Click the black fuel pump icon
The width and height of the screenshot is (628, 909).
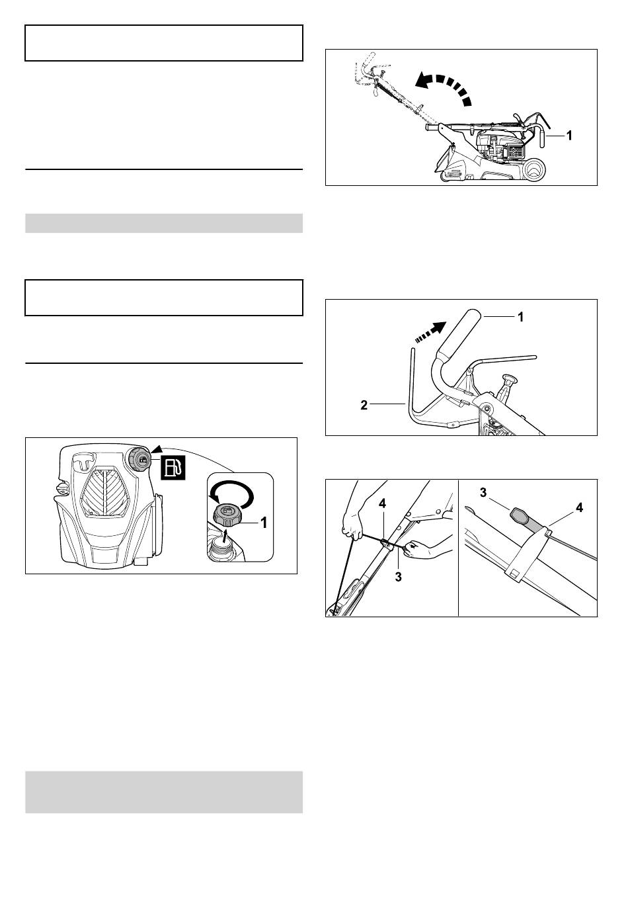[x=174, y=467]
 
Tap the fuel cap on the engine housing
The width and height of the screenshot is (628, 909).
[x=139, y=460]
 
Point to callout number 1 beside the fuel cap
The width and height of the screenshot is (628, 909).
[x=263, y=523]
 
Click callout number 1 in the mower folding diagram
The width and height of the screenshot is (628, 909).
[x=569, y=136]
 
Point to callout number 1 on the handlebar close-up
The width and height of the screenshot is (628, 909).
[x=521, y=316]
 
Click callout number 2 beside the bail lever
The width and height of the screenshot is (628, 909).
[x=364, y=405]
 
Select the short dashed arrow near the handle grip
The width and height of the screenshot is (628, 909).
[x=429, y=332]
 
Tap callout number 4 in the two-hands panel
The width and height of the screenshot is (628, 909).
[x=382, y=503]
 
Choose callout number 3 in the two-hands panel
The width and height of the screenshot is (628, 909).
[x=398, y=577]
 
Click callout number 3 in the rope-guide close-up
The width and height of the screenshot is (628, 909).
[x=483, y=493]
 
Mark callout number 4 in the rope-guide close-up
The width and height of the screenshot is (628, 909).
[x=579, y=507]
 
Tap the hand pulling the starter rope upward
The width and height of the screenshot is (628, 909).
[x=352, y=527]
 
